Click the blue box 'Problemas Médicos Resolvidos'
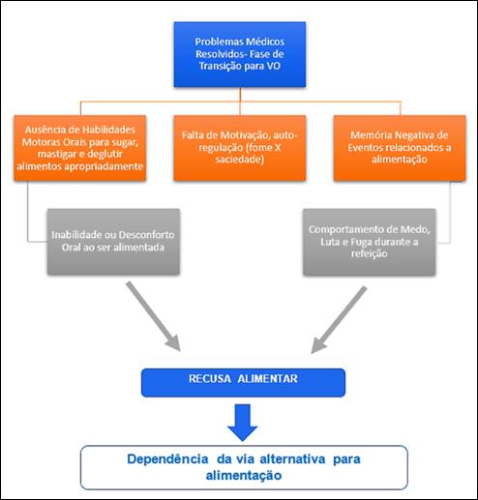tap(240, 54)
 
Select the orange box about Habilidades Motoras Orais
tap(80, 148)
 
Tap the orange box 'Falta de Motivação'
tap(240, 148)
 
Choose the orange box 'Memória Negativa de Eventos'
tap(400, 148)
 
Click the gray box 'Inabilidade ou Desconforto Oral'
tap(113, 242)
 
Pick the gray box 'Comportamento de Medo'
tap(370, 242)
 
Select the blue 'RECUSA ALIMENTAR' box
tap(243, 383)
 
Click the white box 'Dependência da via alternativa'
tap(244, 467)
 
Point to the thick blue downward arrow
tap(243, 423)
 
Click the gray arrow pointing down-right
tap(153, 316)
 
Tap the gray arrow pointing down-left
tap(339, 320)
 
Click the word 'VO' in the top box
tap(273, 66)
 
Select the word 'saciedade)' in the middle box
tap(240, 160)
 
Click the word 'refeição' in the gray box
tap(370, 253)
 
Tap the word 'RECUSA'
tap(210, 379)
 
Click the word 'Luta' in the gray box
tap(329, 242)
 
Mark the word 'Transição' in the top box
tap(216, 67)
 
